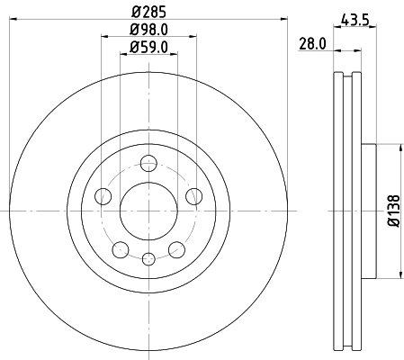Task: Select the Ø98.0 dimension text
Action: pos(148,31)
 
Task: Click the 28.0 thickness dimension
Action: pos(312,42)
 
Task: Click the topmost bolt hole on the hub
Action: pos(148,163)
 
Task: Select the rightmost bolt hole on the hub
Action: pos(192,197)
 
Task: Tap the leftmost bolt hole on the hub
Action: pos(104,197)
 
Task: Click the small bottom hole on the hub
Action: pos(148,259)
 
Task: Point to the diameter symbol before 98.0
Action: pos(130,31)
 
